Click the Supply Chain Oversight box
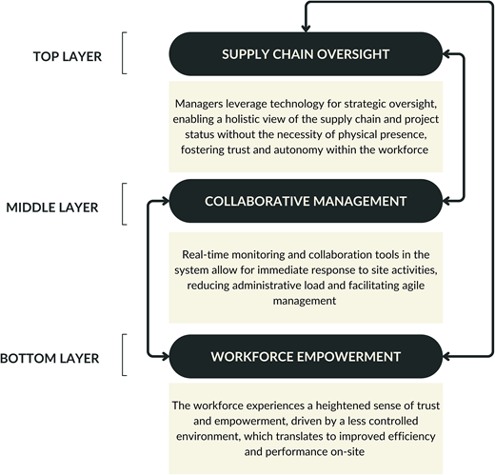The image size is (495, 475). [x=306, y=54]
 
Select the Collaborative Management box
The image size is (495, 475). [x=306, y=201]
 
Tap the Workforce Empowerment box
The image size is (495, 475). [x=306, y=356]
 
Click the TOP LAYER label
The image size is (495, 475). [x=68, y=56]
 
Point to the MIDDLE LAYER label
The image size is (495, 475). [x=52, y=208]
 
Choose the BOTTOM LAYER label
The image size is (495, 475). [x=49, y=358]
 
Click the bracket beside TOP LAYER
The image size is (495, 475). [x=124, y=53]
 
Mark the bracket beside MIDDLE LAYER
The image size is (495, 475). [x=124, y=204]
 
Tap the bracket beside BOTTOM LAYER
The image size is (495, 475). [x=124, y=355]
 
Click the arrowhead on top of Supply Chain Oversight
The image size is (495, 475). [x=306, y=29]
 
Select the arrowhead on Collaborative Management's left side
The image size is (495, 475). [x=166, y=201]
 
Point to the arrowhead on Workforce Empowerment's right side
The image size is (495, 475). [x=445, y=357]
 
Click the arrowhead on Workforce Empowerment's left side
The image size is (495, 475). [x=166, y=357]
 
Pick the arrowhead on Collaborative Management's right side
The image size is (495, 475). [x=445, y=201]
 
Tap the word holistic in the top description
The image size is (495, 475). [x=241, y=119]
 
